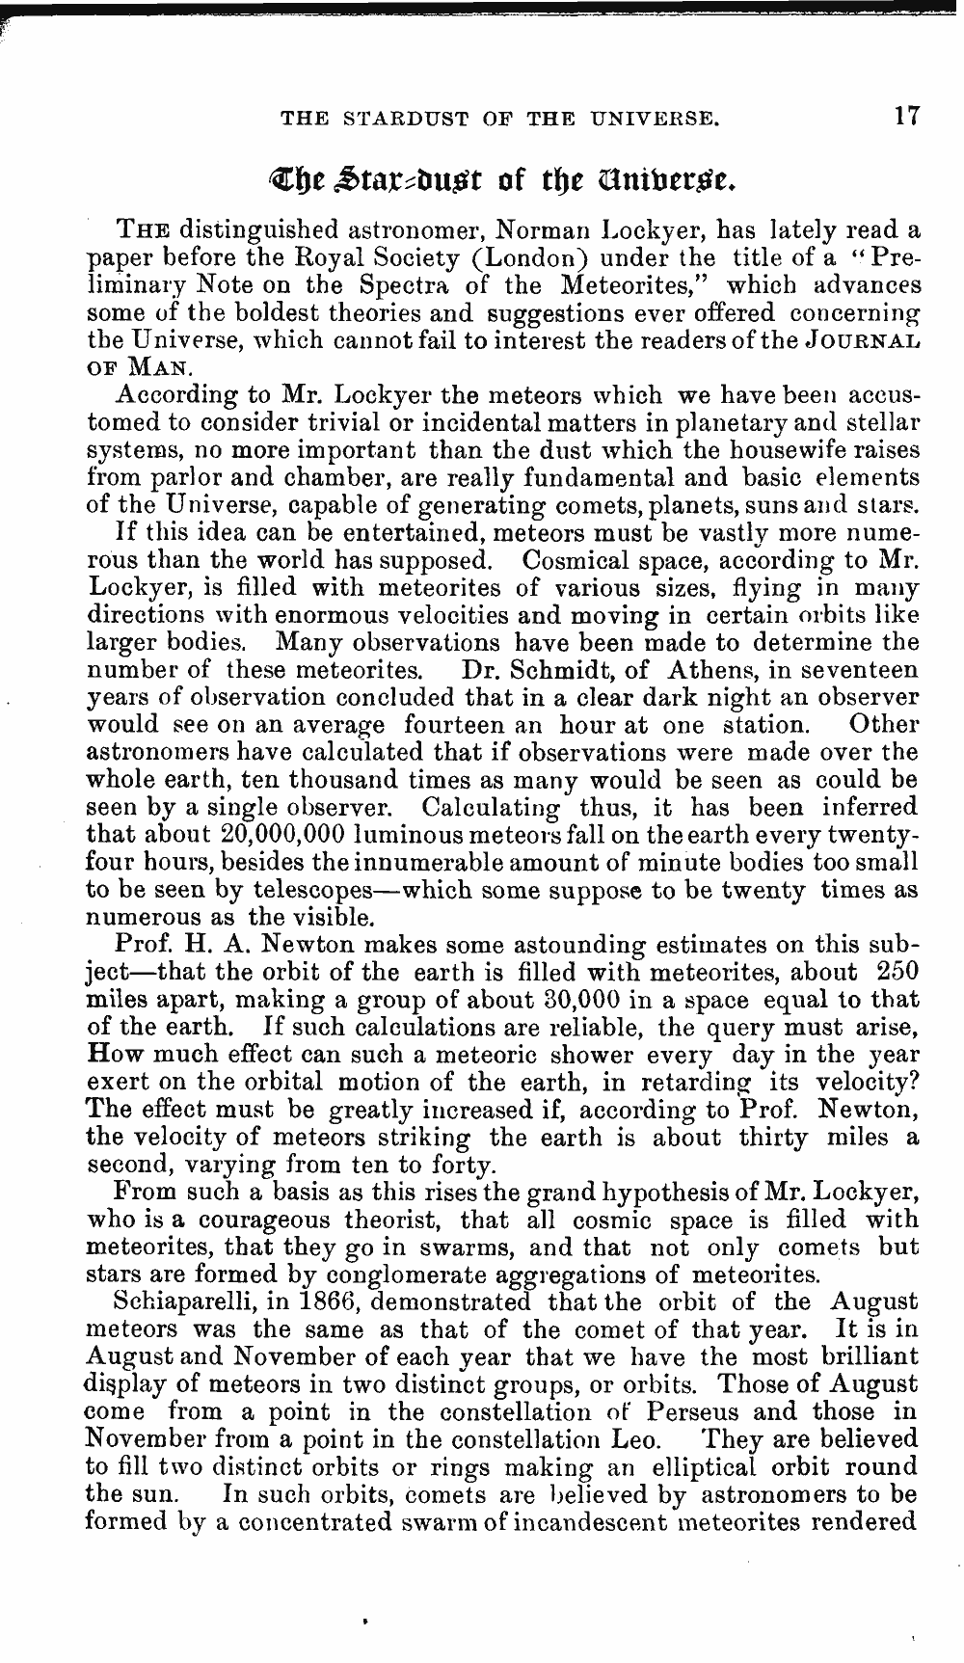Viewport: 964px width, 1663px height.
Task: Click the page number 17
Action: tap(906, 117)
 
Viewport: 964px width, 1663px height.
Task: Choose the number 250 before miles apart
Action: tap(898, 972)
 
